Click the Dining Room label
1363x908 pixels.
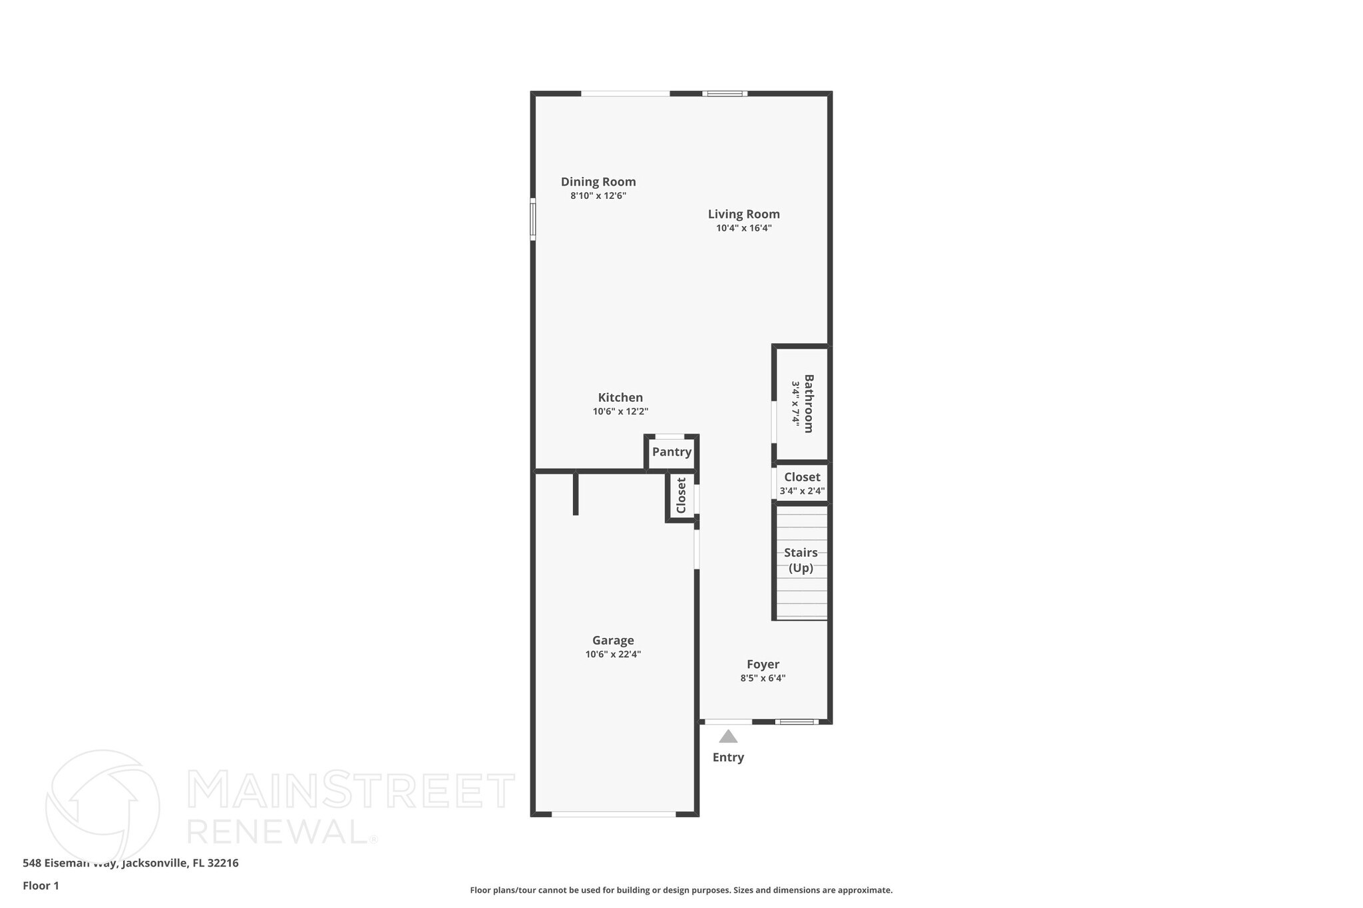pos(598,182)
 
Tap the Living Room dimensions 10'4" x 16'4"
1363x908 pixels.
pos(743,228)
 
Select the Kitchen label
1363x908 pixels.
pos(620,398)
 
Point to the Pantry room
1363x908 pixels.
pos(672,452)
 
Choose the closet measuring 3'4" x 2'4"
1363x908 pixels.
pos(802,484)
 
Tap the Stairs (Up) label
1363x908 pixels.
pos(801,560)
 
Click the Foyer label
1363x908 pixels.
pos(763,665)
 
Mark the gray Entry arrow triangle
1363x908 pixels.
pos(728,736)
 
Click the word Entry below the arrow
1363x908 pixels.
pos(728,757)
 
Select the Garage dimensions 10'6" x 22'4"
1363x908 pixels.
pos(613,655)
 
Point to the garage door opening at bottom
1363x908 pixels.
pos(614,814)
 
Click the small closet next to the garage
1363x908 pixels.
pos(681,496)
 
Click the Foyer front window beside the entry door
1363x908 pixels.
pos(796,722)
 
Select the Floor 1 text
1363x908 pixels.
pos(41,885)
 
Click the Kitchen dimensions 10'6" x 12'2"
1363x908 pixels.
pos(620,412)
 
